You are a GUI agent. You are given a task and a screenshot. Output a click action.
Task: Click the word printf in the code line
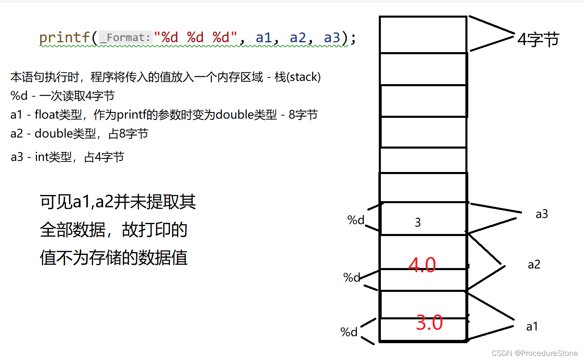64,38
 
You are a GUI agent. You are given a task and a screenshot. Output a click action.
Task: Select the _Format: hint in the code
126,38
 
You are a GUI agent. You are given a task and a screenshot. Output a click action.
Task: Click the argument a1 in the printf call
263,38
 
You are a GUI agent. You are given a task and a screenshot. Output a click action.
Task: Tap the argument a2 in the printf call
298,38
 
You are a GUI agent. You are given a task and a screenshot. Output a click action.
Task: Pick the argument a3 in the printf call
332,38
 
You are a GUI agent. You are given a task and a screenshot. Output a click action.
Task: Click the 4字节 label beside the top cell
538,39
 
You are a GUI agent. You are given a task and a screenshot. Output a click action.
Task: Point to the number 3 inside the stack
418,222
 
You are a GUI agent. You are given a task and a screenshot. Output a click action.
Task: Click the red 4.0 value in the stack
422,265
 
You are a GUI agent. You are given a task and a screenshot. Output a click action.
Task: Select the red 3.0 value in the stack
429,323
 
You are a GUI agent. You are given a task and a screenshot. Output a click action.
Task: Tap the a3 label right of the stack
542,214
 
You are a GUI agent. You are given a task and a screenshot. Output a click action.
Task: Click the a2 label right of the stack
534,264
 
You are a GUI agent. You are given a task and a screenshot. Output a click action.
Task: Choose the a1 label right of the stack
532,326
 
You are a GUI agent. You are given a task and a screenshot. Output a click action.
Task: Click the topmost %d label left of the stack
355,220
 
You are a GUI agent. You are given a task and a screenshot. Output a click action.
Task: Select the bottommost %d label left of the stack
349,332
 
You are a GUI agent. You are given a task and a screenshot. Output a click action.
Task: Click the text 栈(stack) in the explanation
298,77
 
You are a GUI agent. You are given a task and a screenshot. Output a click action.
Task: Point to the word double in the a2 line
54,133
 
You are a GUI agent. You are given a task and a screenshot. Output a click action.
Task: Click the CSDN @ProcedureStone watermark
534,353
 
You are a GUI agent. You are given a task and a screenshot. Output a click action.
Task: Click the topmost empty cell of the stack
423,35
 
